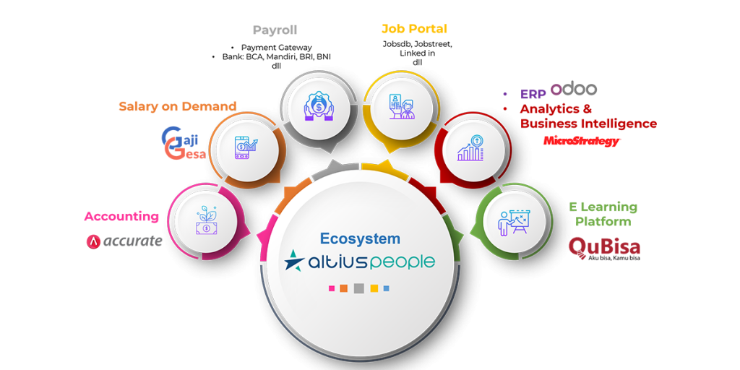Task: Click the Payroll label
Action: (x=275, y=30)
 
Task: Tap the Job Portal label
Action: (x=414, y=30)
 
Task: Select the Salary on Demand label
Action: (x=177, y=106)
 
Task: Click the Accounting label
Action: (x=121, y=216)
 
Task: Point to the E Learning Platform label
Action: (x=602, y=214)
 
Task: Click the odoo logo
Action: (x=574, y=88)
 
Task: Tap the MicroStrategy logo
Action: (x=581, y=141)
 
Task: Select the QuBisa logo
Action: (x=603, y=248)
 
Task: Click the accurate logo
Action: (x=124, y=241)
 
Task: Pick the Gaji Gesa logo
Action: (x=184, y=143)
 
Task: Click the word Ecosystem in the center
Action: (x=360, y=238)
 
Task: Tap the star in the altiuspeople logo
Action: (x=294, y=261)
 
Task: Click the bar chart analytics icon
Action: (x=470, y=147)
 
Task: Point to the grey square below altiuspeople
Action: (x=359, y=288)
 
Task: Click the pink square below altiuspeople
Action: (x=332, y=288)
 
